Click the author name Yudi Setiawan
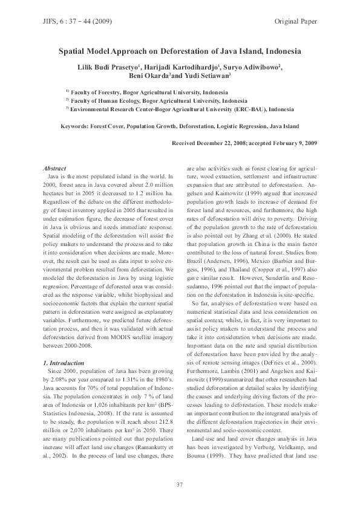click(x=208, y=76)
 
